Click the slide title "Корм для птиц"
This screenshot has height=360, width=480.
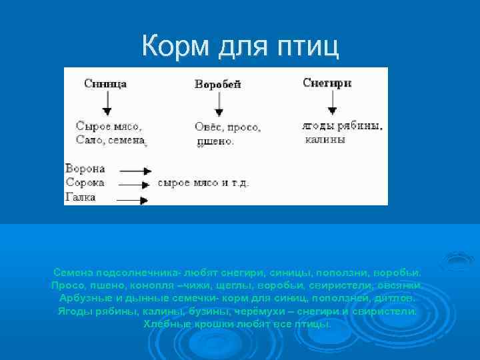240,46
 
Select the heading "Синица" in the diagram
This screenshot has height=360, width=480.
105,84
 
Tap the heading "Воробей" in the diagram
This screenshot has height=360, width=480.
217,85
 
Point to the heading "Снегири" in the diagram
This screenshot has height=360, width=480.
327,83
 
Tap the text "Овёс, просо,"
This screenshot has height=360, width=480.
227,127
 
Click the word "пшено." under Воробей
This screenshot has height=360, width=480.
215,141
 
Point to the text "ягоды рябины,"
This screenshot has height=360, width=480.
342,126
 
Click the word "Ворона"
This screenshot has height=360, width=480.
85,169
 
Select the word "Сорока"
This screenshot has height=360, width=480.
85,183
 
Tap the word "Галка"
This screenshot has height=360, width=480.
81,197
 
